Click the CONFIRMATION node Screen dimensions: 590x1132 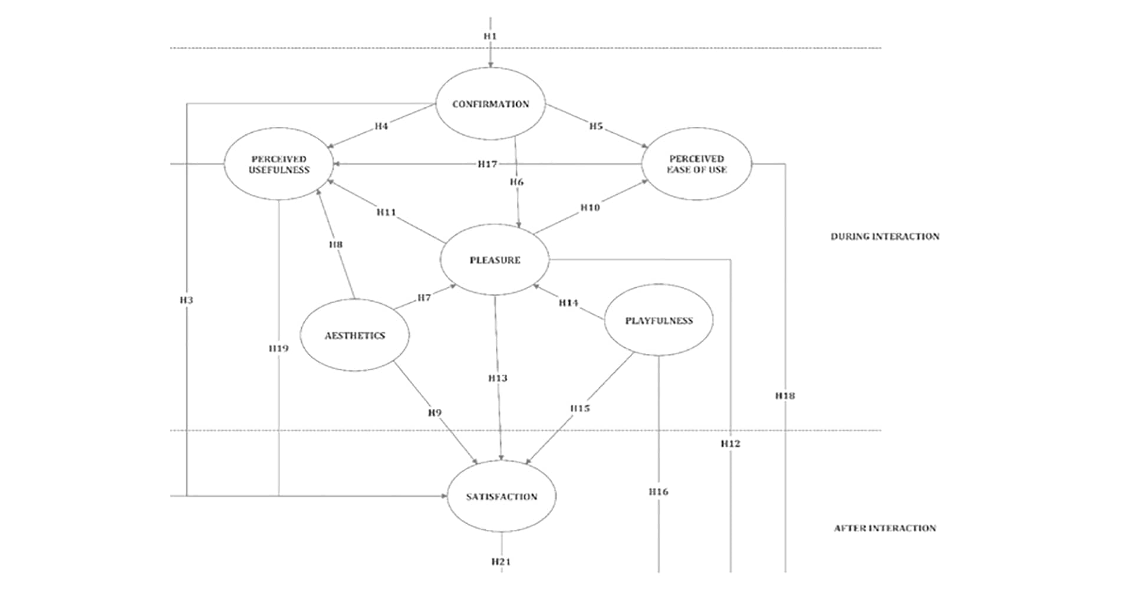click(491, 104)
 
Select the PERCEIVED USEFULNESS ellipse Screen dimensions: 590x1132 click(279, 164)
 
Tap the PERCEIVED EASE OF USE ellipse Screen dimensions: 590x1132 click(696, 164)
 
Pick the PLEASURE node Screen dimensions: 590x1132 click(495, 260)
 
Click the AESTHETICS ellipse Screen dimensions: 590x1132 click(355, 336)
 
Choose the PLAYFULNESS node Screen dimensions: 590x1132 click(659, 321)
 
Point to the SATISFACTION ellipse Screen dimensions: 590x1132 click(501, 497)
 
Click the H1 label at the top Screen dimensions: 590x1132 click(491, 36)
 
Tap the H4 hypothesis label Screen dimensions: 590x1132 click(381, 126)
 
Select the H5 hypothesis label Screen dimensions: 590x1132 click(596, 126)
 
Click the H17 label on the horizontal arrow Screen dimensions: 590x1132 click(488, 164)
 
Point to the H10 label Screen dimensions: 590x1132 click(590, 208)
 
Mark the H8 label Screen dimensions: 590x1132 click(335, 244)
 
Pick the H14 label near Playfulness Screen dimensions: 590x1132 click(568, 303)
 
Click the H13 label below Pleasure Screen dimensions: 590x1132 click(498, 378)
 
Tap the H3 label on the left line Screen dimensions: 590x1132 click(186, 300)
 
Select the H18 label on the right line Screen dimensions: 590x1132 click(785, 396)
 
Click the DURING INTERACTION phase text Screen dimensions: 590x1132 click(885, 237)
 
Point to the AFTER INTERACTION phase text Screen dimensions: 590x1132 click(885, 528)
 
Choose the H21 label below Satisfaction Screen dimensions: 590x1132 click(501, 562)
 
